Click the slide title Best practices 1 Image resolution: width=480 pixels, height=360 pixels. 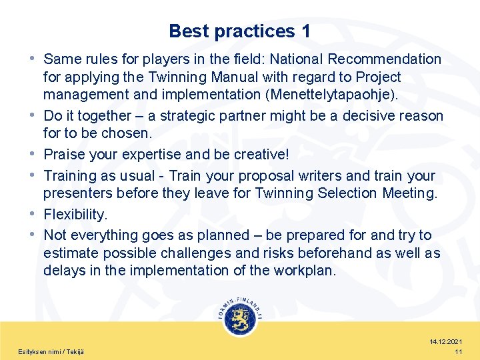[x=239, y=31]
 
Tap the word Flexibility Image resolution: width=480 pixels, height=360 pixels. [x=75, y=215]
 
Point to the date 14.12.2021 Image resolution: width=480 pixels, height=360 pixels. [x=447, y=341]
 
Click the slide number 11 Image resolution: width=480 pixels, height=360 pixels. [x=458, y=351]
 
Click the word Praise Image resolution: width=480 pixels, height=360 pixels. [x=64, y=154]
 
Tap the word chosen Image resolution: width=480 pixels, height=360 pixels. [x=131, y=133]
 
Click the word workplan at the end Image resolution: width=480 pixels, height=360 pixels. [x=309, y=270]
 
